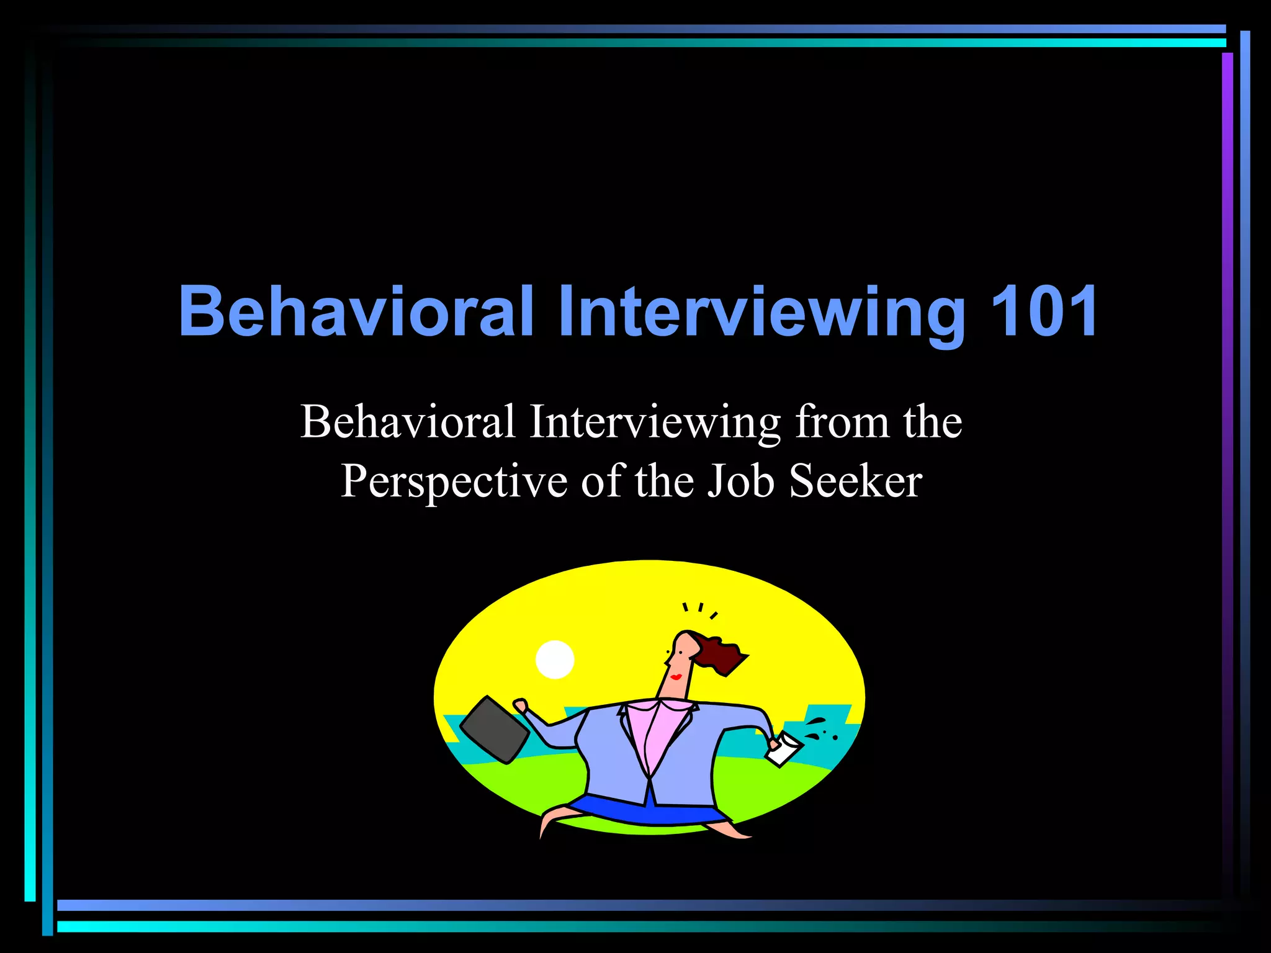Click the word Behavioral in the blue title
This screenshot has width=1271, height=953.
[356, 311]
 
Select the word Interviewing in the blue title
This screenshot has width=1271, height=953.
[761, 311]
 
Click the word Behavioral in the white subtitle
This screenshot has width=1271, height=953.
[408, 422]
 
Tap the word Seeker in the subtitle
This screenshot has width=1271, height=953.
[856, 481]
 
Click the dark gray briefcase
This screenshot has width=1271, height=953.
[495, 730]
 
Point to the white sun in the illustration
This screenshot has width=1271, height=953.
[555, 660]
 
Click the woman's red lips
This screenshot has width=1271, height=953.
[675, 676]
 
